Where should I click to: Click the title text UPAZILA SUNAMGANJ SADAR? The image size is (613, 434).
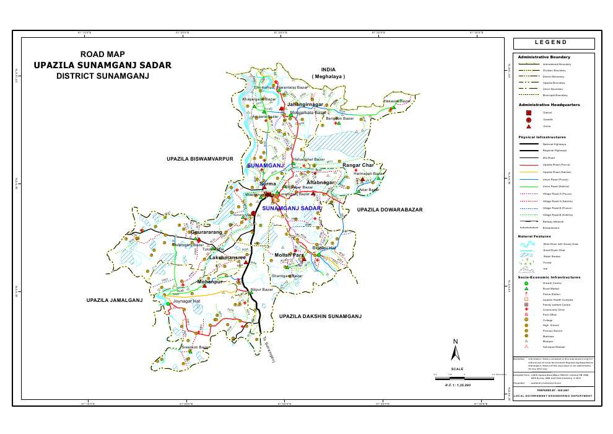click(x=103, y=64)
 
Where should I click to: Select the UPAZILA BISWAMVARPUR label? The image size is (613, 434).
click(x=199, y=159)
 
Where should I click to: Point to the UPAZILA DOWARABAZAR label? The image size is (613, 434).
click(x=389, y=210)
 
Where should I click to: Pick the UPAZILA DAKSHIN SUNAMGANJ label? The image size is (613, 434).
click(x=320, y=316)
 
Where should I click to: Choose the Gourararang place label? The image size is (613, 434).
click(x=210, y=232)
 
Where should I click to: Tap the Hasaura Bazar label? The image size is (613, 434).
click(x=397, y=100)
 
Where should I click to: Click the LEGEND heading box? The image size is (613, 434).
click(x=554, y=43)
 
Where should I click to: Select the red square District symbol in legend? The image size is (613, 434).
click(x=528, y=113)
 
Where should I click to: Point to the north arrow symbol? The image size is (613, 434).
click(x=456, y=352)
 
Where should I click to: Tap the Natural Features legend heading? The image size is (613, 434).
click(x=534, y=236)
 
